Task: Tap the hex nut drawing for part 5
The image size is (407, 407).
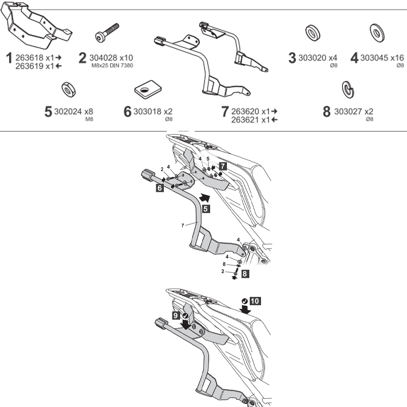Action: coord(69,90)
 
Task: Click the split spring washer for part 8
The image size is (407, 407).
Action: coord(348,90)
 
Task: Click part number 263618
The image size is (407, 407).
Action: coord(32,57)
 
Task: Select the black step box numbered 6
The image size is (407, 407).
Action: coord(160,188)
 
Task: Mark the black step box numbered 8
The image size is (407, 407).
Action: coord(245,273)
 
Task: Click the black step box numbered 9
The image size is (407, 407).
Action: coord(175,315)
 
